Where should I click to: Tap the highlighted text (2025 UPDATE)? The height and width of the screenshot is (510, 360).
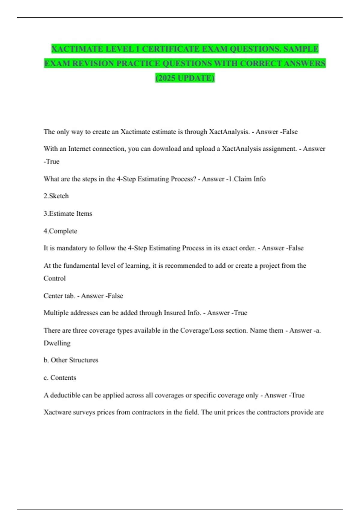tap(185, 78)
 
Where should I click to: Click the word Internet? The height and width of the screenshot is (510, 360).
tap(80, 149)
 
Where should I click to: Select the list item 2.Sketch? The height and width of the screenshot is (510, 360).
tap(56, 196)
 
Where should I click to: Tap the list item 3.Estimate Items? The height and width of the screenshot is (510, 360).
tap(68, 214)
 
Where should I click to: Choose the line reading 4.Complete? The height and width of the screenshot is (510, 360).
tap(60, 231)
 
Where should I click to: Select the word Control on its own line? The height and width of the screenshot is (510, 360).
tap(55, 278)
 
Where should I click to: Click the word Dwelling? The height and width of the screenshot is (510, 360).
tap(57, 343)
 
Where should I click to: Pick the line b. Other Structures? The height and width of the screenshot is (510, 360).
tap(71, 360)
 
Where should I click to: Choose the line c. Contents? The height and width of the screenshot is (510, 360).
tap(60, 378)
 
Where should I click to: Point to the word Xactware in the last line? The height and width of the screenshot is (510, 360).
tap(57, 412)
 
